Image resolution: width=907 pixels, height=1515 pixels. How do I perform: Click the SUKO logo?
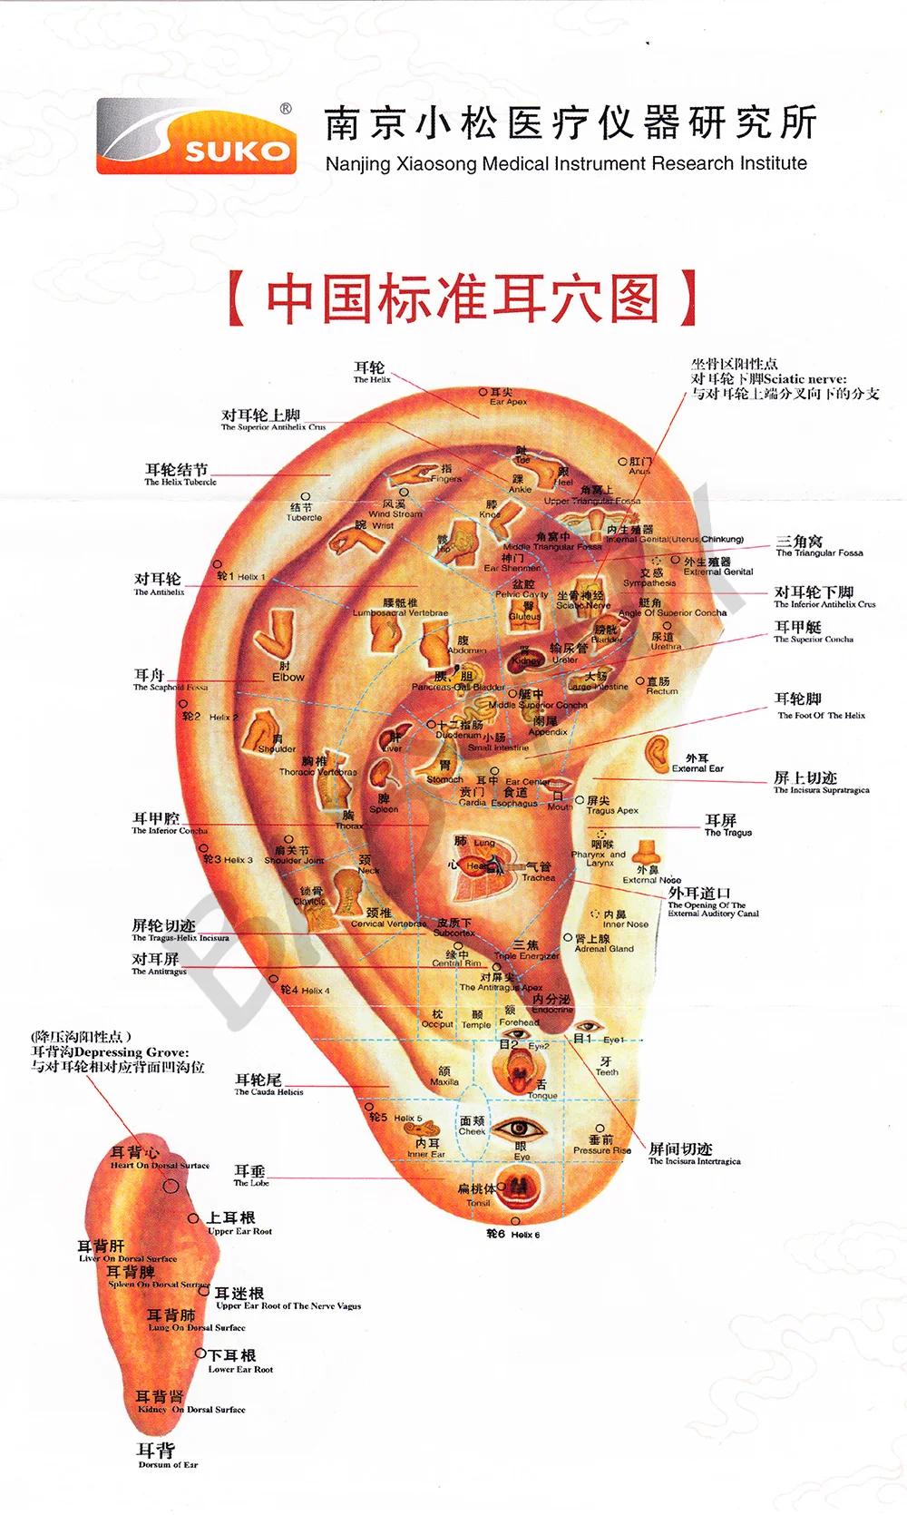197,137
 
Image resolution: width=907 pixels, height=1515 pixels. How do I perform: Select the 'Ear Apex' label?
508,401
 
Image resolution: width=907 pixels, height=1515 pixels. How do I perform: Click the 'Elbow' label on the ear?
288,677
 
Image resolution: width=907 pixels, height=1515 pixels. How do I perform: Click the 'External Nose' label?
651,879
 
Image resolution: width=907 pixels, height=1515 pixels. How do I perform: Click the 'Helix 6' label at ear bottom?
524,1235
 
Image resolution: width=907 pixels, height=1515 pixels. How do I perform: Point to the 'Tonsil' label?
478,1203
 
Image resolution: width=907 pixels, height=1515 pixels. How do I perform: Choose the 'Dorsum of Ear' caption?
167,1464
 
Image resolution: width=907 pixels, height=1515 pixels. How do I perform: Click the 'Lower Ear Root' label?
240,1369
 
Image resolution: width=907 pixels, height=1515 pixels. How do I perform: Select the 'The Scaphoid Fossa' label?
170,687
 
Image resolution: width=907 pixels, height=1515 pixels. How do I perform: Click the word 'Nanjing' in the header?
357,164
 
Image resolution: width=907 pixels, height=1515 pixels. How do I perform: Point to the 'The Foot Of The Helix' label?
820,715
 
